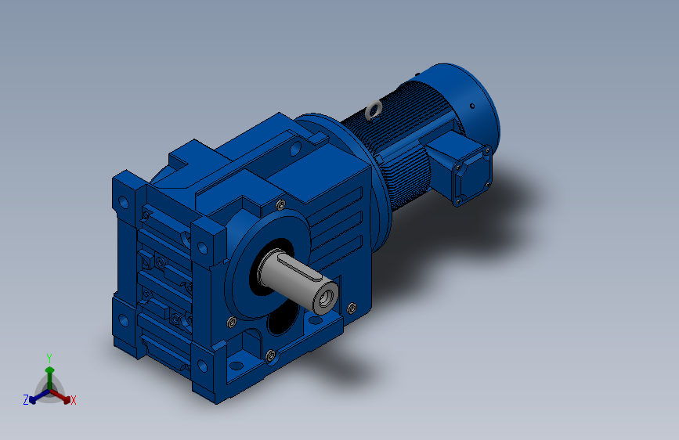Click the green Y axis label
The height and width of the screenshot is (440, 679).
(x=49, y=358)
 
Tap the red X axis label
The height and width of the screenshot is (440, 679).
(x=74, y=400)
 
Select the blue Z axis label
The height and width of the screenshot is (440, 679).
(x=26, y=400)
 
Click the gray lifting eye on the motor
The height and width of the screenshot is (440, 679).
(x=373, y=110)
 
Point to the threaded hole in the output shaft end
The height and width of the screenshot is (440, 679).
(x=326, y=298)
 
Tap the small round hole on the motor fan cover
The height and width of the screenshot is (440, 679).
(x=472, y=106)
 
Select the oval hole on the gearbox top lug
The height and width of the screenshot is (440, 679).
(x=295, y=149)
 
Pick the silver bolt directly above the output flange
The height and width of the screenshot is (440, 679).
(x=280, y=204)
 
